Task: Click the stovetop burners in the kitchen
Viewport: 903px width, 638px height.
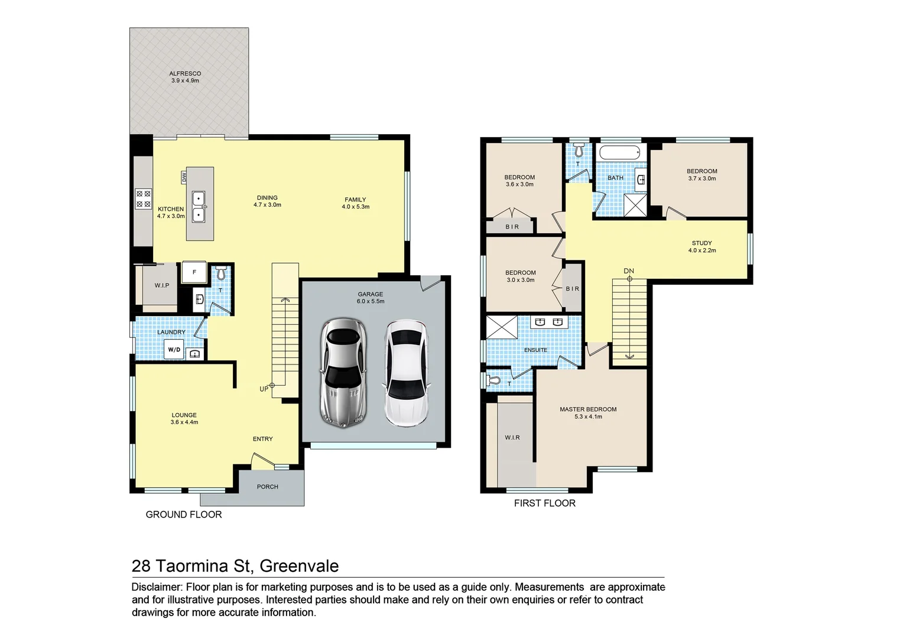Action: pyautogui.click(x=143, y=198)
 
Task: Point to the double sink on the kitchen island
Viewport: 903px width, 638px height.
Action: pyautogui.click(x=199, y=207)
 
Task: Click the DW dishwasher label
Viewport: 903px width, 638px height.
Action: pyautogui.click(x=184, y=177)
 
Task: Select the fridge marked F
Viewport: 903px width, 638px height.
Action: pyautogui.click(x=194, y=272)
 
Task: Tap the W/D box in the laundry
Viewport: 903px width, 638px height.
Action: pyautogui.click(x=174, y=350)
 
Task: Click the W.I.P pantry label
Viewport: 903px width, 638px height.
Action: pyautogui.click(x=162, y=286)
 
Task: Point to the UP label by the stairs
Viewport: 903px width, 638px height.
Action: pyautogui.click(x=264, y=389)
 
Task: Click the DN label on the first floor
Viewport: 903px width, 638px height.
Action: pyautogui.click(x=629, y=271)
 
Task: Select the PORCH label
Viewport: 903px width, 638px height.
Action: pyautogui.click(x=267, y=487)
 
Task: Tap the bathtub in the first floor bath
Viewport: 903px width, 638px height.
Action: pyautogui.click(x=620, y=153)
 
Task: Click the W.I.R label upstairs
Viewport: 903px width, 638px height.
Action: pyautogui.click(x=512, y=438)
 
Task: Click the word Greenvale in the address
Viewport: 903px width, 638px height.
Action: pyautogui.click(x=299, y=566)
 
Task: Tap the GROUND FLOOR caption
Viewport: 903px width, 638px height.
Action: pyautogui.click(x=184, y=515)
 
